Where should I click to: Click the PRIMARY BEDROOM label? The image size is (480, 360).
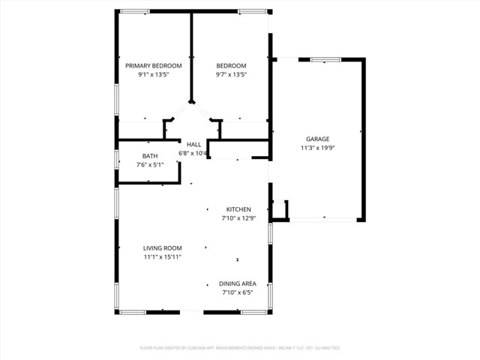pos(153,66)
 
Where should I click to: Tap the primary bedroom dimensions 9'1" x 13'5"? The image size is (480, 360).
pos(153,75)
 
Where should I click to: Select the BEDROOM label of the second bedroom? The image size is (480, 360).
pos(231,66)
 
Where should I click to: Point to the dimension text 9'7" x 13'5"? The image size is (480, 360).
pos(231,75)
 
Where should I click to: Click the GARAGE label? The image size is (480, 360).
pos(318,139)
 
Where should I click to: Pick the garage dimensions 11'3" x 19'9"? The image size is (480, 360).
pos(318,148)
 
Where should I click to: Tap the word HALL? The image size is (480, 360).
pos(193,145)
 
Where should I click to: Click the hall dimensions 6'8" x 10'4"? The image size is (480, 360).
pos(193,154)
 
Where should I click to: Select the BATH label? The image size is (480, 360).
pos(150,156)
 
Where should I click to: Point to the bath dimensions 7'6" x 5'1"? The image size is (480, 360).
pos(150,165)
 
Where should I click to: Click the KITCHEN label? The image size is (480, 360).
pos(238,209)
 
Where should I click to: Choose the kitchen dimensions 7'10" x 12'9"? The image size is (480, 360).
pos(238,218)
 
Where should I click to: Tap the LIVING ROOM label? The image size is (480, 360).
pos(163,248)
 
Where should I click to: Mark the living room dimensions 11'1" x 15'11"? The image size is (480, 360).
pos(163,257)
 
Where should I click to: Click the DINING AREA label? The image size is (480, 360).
pos(238,283)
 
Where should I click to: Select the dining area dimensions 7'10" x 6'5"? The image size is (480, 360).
pos(238,292)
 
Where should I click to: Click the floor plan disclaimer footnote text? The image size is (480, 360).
pos(240,348)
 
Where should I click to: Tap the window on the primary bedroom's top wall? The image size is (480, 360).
pos(134,11)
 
